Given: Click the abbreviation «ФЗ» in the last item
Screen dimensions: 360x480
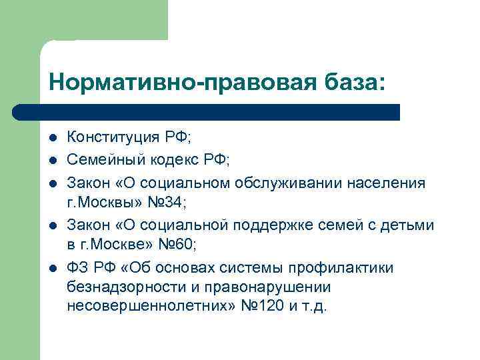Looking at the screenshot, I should click(x=77, y=268).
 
